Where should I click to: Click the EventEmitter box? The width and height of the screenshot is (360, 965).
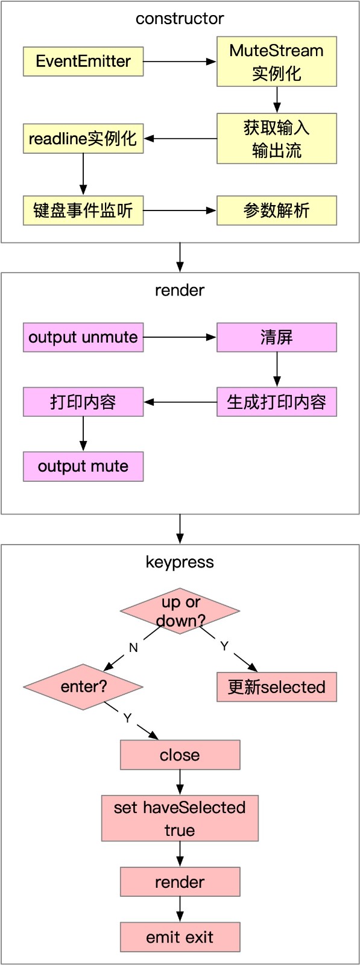coord(83,62)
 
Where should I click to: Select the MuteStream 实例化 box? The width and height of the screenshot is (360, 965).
coord(276,62)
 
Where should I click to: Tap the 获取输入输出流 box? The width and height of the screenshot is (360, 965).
coord(276,139)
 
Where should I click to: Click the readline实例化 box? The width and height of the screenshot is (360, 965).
coord(83,139)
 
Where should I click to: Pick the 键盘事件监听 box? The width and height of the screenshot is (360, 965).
coord(83,210)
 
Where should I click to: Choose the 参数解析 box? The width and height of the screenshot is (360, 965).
coord(276,210)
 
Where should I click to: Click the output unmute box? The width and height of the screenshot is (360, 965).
coord(83,337)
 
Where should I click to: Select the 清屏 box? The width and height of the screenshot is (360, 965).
coord(276,337)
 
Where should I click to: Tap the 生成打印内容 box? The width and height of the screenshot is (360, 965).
coord(276,402)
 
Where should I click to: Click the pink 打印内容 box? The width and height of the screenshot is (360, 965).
coord(83,402)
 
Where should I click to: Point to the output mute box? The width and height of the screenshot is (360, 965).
coord(83,466)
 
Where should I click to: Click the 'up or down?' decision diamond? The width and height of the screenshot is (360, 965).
coord(180,611)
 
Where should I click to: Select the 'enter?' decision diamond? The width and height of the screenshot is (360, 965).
coord(83,686)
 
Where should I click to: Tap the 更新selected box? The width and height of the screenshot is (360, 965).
coord(276,687)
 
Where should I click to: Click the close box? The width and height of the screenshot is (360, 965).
coord(180,755)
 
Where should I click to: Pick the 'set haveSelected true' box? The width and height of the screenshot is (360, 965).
coord(180,818)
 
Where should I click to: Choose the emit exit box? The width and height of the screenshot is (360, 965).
coord(180,937)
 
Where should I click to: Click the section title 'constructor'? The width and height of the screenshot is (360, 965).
coord(180,19)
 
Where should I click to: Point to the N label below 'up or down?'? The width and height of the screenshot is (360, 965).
coord(133,648)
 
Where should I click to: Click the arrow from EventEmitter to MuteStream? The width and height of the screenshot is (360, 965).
coord(180,62)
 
